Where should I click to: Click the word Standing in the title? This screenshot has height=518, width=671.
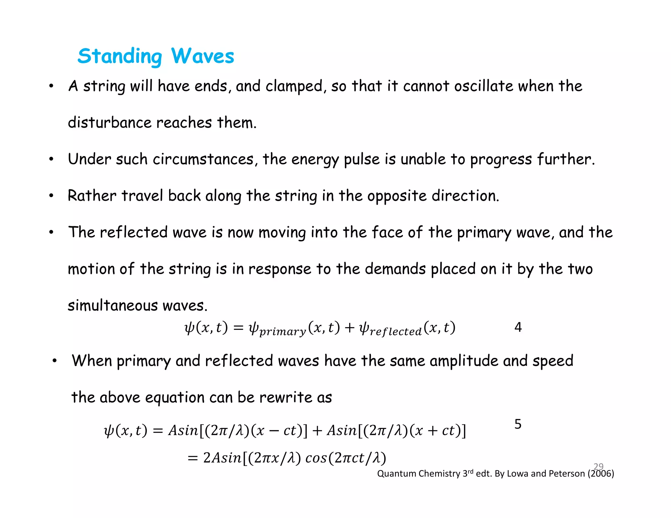click(x=120, y=56)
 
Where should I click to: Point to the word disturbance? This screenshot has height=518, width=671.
click(x=110, y=123)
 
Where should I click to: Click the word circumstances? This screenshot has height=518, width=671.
click(x=203, y=159)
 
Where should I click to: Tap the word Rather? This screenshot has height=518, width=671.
click(x=92, y=196)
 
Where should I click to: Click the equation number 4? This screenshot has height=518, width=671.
click(x=518, y=327)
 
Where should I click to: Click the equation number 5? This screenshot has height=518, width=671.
click(x=518, y=424)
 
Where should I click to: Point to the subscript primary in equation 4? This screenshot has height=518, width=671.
click(x=282, y=332)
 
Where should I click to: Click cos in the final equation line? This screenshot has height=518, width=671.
click(x=316, y=458)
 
